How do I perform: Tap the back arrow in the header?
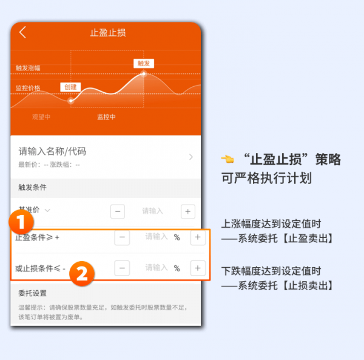coord(23,33)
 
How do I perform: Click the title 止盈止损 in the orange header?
coord(107,33)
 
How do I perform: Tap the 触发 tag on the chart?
coord(143,63)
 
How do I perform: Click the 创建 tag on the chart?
coord(70,87)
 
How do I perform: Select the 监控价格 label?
coord(28,88)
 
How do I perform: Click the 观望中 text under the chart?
coord(41,117)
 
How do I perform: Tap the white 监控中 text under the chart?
coord(106,117)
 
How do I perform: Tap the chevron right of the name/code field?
coord(191,157)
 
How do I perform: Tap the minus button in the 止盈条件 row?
coord(123,237)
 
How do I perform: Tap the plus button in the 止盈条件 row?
coord(197,237)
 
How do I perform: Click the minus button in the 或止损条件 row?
coord(123,268)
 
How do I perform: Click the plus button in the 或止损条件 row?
coord(197,268)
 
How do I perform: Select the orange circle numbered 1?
coord(25,222)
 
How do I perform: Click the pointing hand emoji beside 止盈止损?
coord(227,160)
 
